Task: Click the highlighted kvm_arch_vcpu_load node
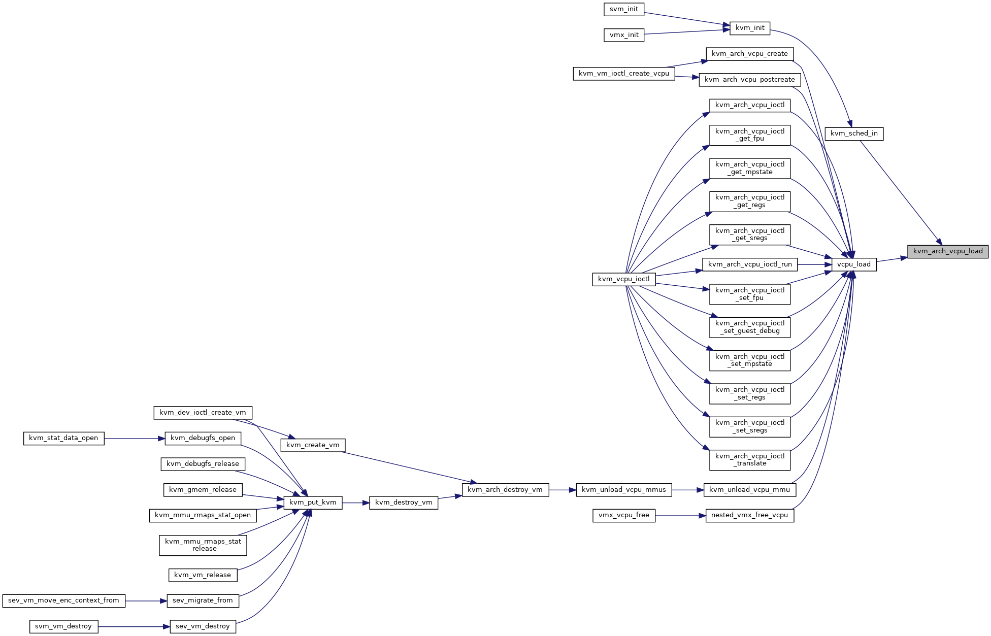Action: click(x=948, y=251)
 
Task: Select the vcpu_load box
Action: click(x=854, y=264)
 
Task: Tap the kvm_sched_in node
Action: click(x=854, y=134)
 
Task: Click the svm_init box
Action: click(x=624, y=9)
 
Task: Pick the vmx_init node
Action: click(x=624, y=35)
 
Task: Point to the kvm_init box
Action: click(x=750, y=28)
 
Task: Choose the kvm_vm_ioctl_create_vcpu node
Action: click(x=624, y=74)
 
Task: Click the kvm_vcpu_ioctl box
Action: click(x=623, y=279)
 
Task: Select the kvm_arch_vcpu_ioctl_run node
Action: click(x=750, y=264)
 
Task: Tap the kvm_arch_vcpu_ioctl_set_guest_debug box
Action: click(x=750, y=327)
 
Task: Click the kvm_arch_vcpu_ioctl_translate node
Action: click(x=750, y=460)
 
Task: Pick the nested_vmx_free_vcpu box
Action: click(x=750, y=516)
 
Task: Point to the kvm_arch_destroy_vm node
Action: click(x=505, y=490)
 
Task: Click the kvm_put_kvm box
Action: click(x=313, y=503)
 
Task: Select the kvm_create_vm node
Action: click(x=313, y=445)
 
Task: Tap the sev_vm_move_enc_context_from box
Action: click(x=63, y=600)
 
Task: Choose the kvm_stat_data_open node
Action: click(x=63, y=439)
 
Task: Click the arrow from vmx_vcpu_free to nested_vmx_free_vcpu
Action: click(x=680, y=516)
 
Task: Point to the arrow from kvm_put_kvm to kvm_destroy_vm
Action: click(x=355, y=503)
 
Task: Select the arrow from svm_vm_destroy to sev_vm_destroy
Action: click(x=134, y=627)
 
